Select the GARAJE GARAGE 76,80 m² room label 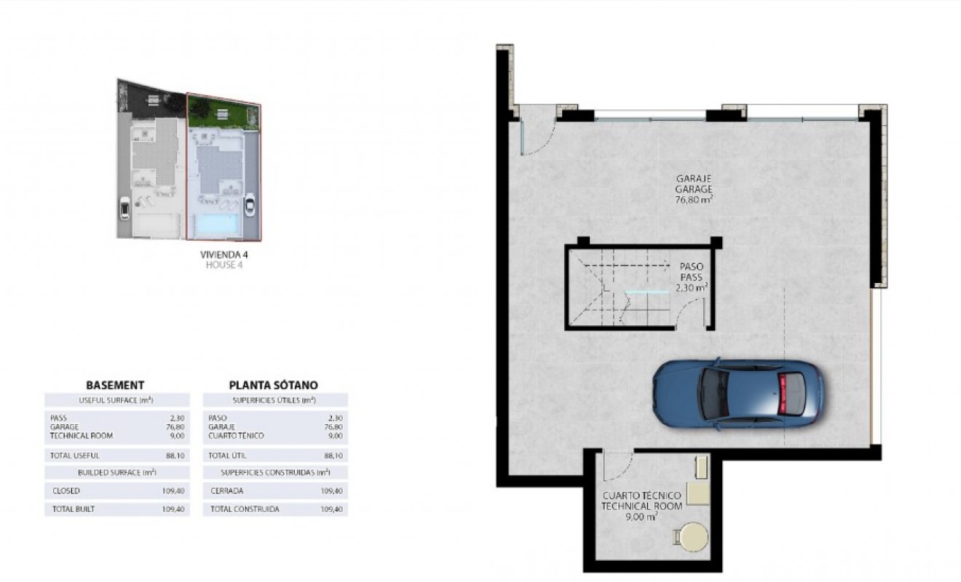[693, 188]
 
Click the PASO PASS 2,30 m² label [690, 277]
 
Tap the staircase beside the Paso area [619, 289]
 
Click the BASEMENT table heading [115, 385]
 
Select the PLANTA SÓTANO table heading [273, 385]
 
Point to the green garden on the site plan [223, 113]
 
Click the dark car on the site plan [124, 209]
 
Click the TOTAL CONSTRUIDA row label [245, 509]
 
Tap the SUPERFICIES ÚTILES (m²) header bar [274, 400]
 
